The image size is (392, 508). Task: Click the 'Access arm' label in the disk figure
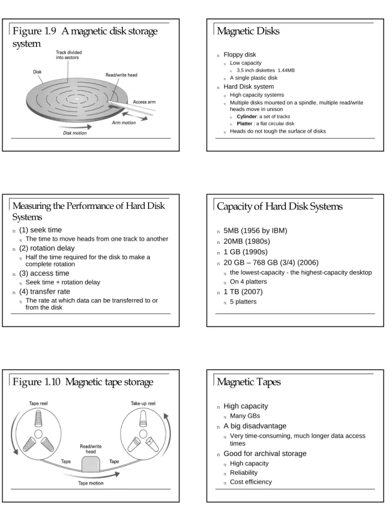[x=144, y=102]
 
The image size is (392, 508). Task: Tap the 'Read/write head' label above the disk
[x=121, y=75]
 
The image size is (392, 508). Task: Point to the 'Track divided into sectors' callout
[x=69, y=55]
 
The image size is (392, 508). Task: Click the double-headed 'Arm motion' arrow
[x=135, y=116]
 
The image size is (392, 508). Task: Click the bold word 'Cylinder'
[x=247, y=116]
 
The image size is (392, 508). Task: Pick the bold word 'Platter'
[x=245, y=124]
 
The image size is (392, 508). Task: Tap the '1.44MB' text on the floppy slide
[x=286, y=71]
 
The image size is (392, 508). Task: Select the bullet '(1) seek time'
[x=40, y=230]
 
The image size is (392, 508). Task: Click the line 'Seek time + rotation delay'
[x=63, y=282]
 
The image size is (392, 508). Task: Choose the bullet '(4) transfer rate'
[x=44, y=292]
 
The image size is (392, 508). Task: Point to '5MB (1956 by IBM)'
[x=255, y=231]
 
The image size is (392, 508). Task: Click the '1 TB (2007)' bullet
[x=243, y=292]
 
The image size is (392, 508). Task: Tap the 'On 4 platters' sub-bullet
[x=248, y=282]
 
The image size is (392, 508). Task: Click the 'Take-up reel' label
[x=143, y=403]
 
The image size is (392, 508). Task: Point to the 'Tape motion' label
[x=91, y=483]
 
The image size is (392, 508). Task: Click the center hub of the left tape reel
[x=38, y=434]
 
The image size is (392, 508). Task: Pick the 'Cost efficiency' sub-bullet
[x=251, y=482]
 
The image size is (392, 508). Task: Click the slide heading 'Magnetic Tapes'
[x=248, y=382]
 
